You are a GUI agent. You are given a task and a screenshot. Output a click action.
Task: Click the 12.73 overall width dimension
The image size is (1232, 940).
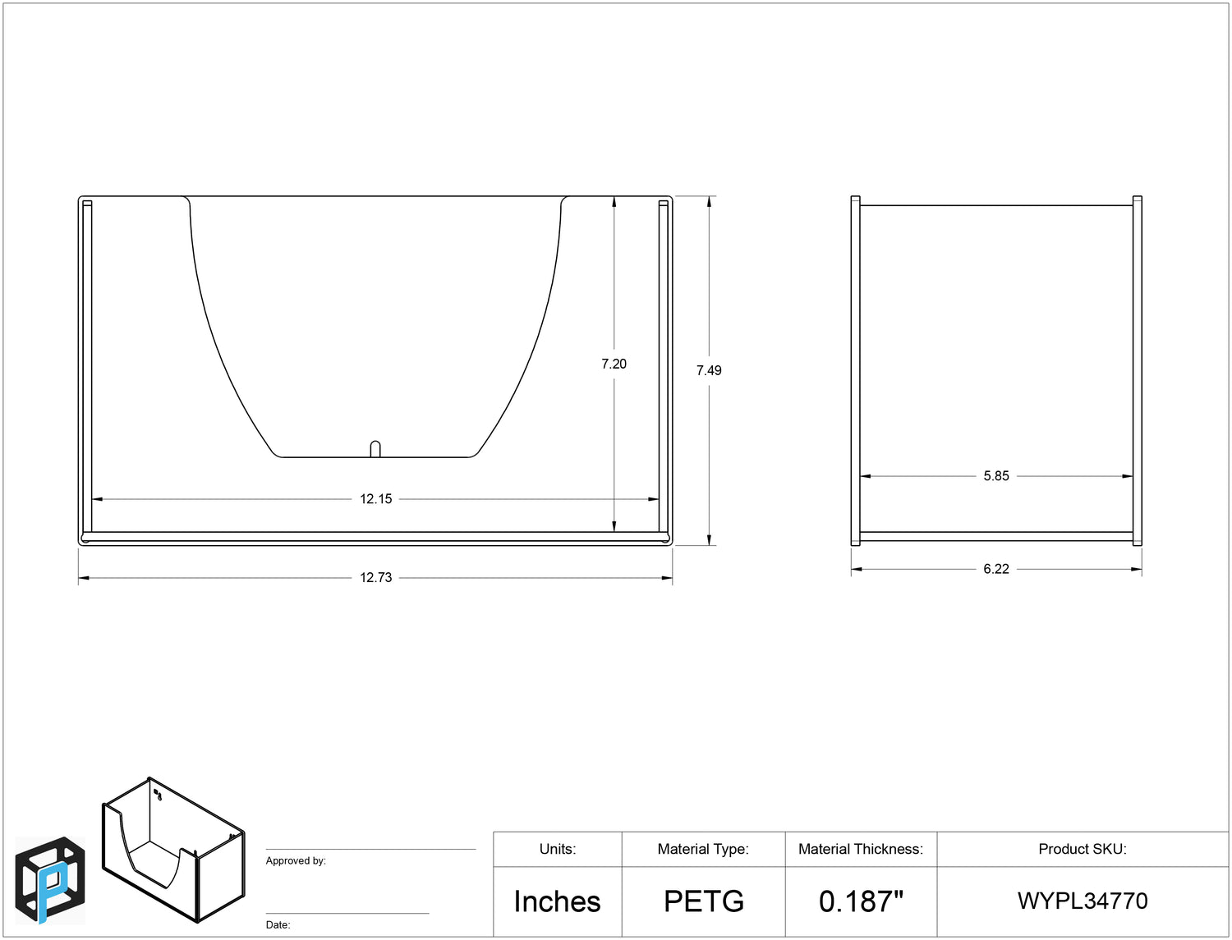(x=375, y=578)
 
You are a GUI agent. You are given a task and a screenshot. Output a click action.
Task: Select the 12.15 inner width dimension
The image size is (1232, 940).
(x=375, y=499)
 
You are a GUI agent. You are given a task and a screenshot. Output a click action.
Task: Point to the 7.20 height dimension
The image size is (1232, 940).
(x=614, y=364)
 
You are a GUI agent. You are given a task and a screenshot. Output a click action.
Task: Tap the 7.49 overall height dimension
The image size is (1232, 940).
(x=709, y=371)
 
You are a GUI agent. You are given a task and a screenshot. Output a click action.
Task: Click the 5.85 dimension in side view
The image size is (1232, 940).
(x=996, y=476)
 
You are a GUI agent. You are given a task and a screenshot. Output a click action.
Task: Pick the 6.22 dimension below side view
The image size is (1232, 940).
(x=996, y=569)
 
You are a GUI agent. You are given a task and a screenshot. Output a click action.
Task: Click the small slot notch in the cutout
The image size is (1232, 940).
(x=375, y=449)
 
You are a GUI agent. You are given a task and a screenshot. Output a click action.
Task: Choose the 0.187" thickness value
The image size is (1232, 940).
(x=861, y=901)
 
